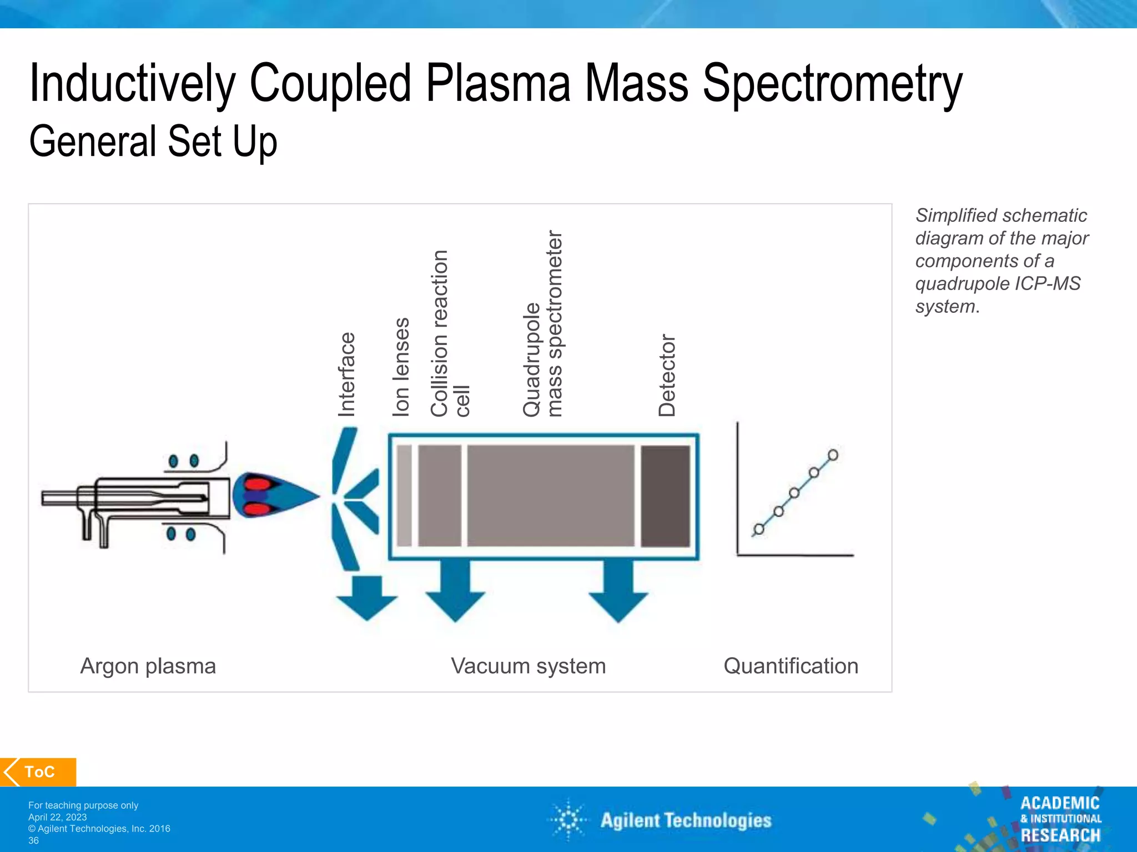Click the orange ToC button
39,772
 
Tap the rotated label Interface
346,374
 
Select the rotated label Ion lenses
401,367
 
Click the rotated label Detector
667,376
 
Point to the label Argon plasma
148,666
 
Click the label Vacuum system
528,666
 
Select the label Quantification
791,666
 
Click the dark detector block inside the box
665,496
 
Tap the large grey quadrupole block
550,496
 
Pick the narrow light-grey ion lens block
404,496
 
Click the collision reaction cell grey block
439,496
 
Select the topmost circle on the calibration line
833,455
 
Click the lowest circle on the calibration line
759,529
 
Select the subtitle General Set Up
153,141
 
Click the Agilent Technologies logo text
686,820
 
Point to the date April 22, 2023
58,817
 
